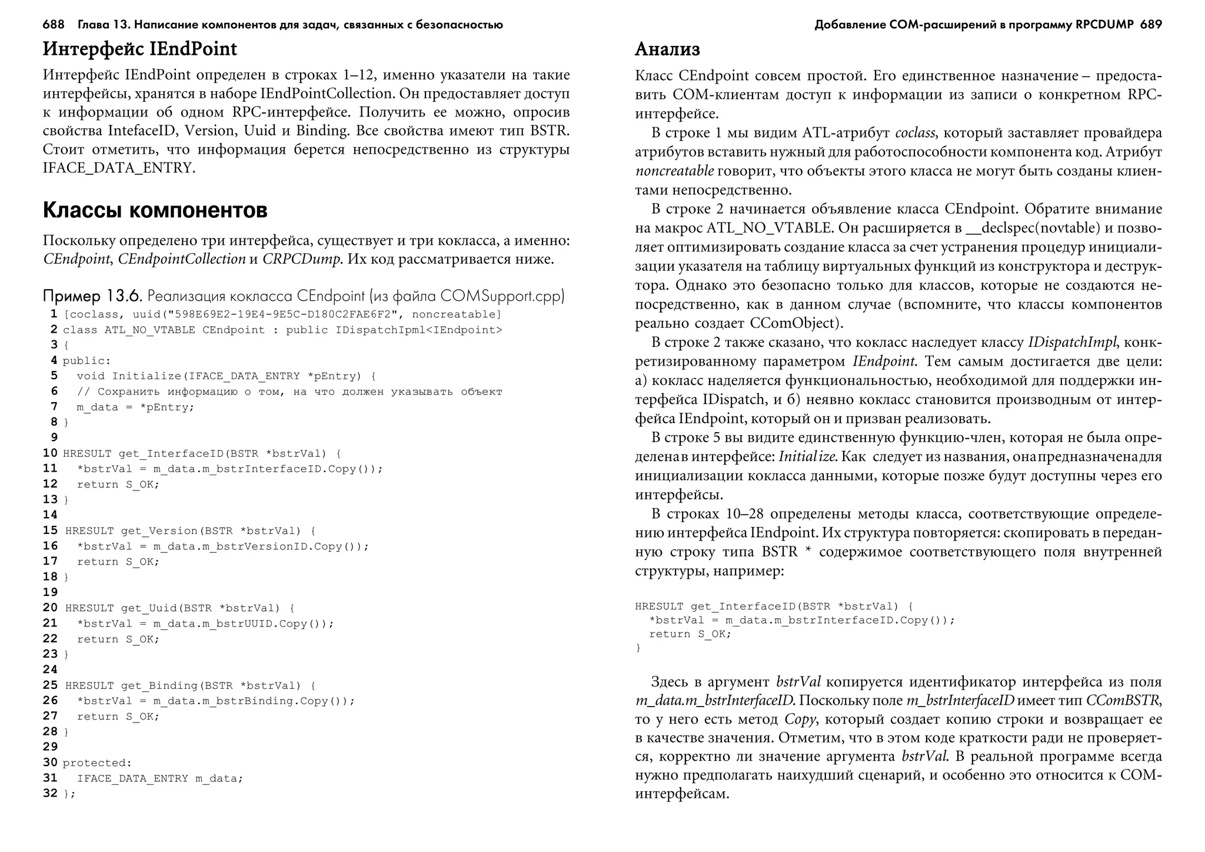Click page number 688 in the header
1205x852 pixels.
tap(54, 25)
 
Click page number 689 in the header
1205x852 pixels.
tap(1150, 25)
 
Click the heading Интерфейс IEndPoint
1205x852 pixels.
tap(139, 49)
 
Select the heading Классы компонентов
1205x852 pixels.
tap(155, 210)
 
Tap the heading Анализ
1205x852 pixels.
tap(667, 49)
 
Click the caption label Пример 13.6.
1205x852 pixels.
tap(93, 296)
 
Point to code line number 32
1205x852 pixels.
tap(51, 793)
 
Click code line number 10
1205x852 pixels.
tap(51, 453)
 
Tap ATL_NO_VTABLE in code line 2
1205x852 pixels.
tap(149, 330)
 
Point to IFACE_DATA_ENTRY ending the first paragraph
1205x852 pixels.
tap(118, 168)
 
